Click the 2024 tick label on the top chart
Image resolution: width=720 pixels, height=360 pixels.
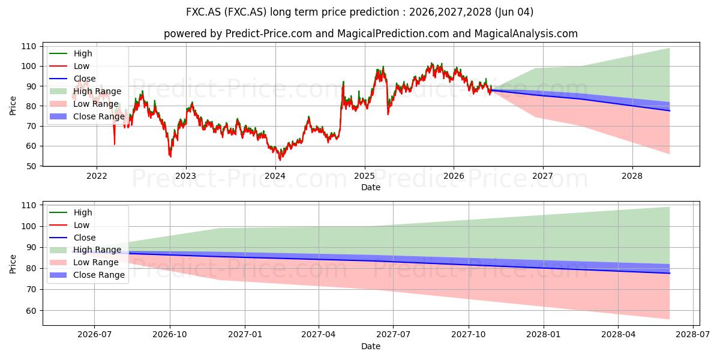click(275, 176)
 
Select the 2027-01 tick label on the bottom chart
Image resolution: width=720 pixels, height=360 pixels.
click(245, 335)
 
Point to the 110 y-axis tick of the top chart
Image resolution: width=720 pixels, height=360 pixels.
click(29, 46)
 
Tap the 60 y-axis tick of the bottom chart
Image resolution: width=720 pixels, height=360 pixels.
click(31, 311)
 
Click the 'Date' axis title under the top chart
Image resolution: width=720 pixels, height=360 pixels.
click(371, 187)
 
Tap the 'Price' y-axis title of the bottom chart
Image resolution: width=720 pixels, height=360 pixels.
click(13, 264)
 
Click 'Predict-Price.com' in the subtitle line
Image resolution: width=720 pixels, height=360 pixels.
click(269, 34)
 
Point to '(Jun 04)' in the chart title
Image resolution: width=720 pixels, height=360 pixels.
click(514, 12)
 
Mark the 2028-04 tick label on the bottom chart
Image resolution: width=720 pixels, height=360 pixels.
click(618, 335)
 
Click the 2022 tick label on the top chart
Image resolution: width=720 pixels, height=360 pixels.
click(97, 176)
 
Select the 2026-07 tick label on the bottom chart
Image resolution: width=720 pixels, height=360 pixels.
click(95, 335)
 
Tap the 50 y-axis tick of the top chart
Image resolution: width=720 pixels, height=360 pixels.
click(31, 166)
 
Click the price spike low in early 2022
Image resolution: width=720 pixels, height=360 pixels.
click(115, 144)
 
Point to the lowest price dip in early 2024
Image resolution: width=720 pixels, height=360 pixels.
click(280, 160)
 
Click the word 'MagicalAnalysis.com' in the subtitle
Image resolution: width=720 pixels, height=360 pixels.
click(526, 34)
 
